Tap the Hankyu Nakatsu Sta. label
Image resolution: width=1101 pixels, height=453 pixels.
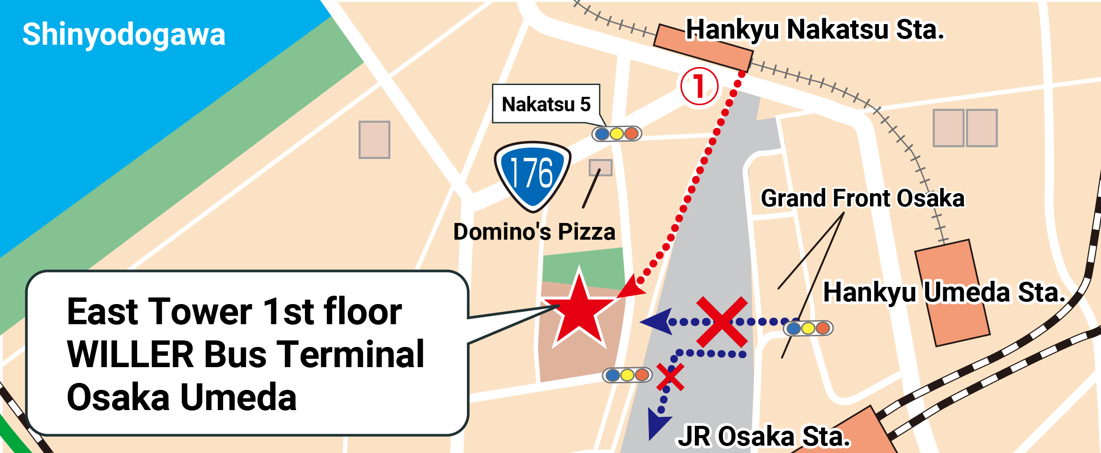point(815,30)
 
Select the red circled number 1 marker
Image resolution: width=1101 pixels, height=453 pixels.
point(699,86)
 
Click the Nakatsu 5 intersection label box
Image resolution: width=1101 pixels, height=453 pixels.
point(546,104)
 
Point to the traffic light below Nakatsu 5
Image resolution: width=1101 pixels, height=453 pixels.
point(616,134)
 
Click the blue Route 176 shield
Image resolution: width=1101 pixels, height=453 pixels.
point(532,176)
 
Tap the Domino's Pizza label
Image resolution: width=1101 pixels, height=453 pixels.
point(534,232)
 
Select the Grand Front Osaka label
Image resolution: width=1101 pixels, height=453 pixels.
point(863,198)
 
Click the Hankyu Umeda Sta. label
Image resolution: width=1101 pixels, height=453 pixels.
point(944,292)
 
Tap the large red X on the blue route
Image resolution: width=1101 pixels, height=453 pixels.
point(722,322)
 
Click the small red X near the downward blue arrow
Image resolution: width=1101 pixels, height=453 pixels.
point(670,377)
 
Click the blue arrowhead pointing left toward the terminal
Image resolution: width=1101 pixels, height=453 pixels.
point(657,322)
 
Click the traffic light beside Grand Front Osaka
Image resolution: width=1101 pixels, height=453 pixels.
point(808,328)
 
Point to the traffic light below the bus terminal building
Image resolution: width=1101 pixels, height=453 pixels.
point(627,375)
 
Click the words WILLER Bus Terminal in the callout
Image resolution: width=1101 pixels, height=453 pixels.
point(245,354)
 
